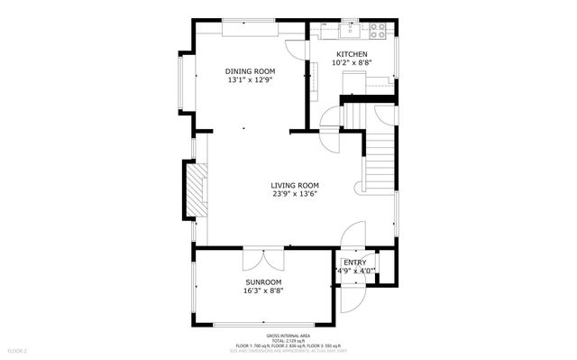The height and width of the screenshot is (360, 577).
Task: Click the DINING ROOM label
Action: (250, 71)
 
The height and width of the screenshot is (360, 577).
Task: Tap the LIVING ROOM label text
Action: (295, 185)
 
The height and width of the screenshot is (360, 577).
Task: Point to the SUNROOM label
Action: (263, 282)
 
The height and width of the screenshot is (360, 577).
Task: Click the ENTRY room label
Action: (354, 262)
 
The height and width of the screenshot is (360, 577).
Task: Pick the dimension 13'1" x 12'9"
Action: (250, 80)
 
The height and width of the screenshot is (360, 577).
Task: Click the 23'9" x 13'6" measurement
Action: (295, 194)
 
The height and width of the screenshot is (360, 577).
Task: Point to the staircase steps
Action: (378, 158)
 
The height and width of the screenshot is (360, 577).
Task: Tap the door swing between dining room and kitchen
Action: (298, 50)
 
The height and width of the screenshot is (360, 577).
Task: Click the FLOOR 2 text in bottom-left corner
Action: (17, 350)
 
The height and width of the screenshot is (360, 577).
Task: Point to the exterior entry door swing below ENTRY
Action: (354, 293)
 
